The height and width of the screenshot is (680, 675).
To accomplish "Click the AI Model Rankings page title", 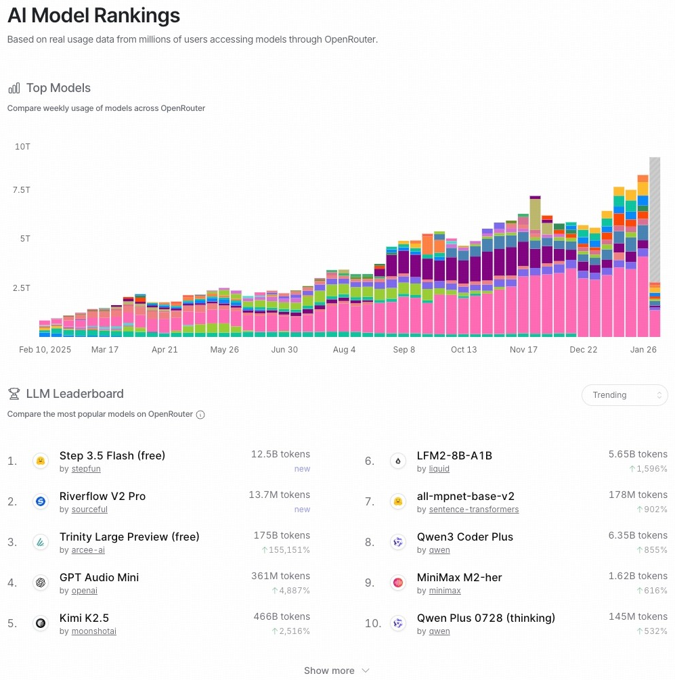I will click(x=93, y=16).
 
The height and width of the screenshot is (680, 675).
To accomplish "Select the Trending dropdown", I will click(x=624, y=395).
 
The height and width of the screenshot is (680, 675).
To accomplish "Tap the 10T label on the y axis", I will click(x=22, y=146).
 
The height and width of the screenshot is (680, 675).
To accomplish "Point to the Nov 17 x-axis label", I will click(x=523, y=350).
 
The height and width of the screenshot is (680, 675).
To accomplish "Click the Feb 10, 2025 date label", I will click(x=45, y=350).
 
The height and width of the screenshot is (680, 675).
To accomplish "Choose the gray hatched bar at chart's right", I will click(x=655, y=220).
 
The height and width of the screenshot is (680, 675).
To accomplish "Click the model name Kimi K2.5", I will click(x=84, y=618).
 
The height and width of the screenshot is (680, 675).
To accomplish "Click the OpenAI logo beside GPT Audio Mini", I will click(x=41, y=583).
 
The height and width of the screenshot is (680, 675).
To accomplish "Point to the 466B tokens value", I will click(x=280, y=616).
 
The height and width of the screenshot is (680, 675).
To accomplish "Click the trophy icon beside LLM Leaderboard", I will click(x=14, y=394).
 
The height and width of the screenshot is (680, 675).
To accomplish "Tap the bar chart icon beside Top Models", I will click(x=14, y=88).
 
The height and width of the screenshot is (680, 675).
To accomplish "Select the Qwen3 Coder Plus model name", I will click(x=465, y=537).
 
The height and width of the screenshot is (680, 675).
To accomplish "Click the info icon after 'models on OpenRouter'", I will click(x=200, y=414).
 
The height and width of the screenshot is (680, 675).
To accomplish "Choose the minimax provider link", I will click(x=445, y=591).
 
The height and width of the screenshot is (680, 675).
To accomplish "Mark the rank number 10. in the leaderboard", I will click(x=373, y=623).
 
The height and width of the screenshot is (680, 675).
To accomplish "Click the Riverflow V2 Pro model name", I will click(x=102, y=496).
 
